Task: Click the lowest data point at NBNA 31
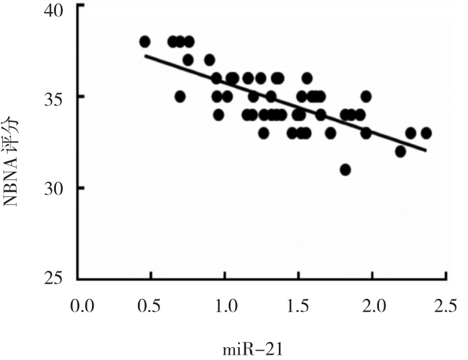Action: tap(345, 170)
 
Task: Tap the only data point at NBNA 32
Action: tap(400, 151)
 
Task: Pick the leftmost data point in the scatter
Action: tap(145, 41)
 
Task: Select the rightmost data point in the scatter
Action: tap(426, 133)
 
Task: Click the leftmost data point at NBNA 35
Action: tap(180, 96)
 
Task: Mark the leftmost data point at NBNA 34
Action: tap(218, 115)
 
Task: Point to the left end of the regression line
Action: tap(145, 55)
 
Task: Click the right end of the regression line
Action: tap(427, 151)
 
